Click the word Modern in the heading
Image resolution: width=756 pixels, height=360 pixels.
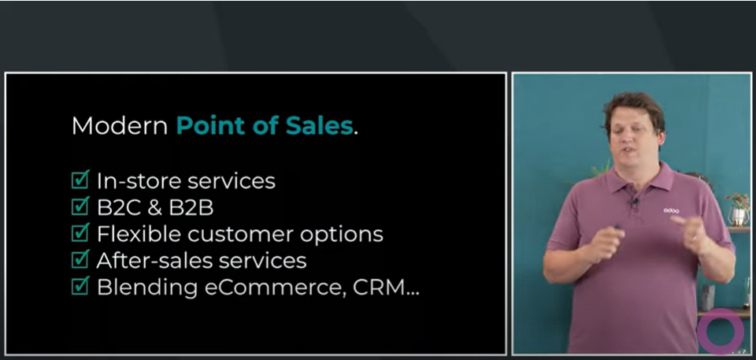click(x=120, y=126)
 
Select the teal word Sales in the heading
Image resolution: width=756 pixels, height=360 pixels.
click(x=319, y=126)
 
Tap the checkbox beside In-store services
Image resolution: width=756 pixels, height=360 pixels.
click(x=80, y=180)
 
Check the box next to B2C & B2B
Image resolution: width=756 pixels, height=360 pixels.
click(x=80, y=207)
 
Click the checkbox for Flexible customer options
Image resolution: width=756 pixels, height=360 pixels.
click(x=80, y=233)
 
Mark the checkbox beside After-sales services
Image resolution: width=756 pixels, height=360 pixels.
click(x=80, y=260)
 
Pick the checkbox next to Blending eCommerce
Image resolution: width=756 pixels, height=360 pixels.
click(x=80, y=287)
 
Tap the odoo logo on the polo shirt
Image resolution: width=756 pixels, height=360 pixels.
click(x=671, y=210)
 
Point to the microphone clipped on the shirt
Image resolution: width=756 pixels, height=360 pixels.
click(x=633, y=202)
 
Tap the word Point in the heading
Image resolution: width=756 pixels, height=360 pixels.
click(x=211, y=126)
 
